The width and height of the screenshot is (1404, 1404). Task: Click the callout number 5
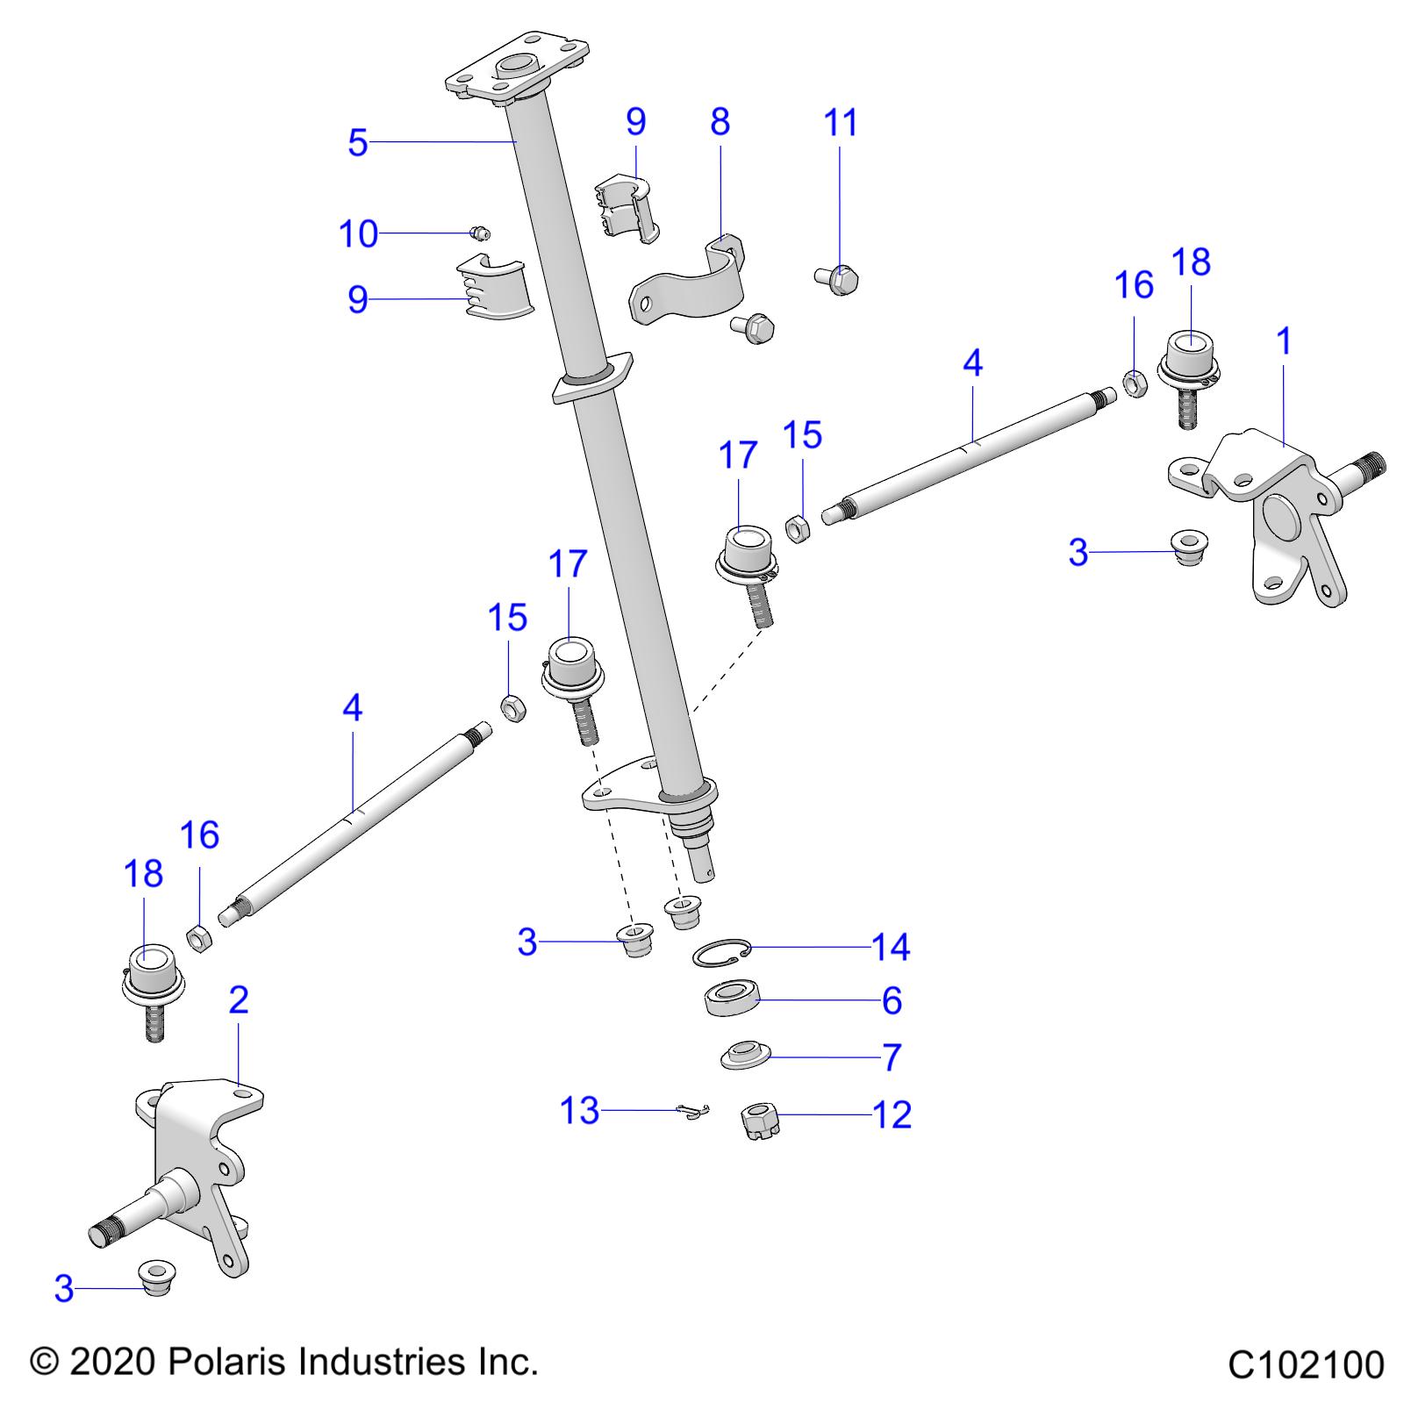356,142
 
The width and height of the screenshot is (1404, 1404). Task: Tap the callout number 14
890,947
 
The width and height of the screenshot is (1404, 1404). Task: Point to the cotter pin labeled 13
694,1113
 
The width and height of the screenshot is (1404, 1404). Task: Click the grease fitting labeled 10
479,233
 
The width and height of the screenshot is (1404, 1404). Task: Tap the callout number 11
840,123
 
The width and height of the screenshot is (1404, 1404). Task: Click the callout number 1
1284,340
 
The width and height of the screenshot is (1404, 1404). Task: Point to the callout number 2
238,999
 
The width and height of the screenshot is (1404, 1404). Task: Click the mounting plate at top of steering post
518,68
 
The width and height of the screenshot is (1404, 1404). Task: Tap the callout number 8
720,122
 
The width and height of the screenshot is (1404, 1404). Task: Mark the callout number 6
891,1000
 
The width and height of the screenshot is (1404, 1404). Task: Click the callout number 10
358,234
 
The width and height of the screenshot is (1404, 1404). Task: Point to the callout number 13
579,1111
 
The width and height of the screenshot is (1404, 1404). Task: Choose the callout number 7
892,1057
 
